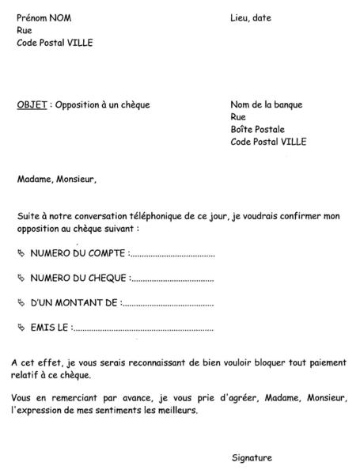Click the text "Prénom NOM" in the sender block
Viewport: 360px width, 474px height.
point(44,17)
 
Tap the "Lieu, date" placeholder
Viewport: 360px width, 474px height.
point(251,17)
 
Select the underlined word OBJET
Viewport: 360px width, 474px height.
point(32,104)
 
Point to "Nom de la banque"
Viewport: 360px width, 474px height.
point(266,104)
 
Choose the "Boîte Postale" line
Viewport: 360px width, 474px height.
point(257,130)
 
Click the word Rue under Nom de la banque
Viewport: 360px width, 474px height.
point(238,117)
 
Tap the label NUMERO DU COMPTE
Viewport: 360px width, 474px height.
point(77,254)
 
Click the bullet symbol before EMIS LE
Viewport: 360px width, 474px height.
point(21,327)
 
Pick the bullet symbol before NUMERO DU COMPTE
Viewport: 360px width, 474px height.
point(21,254)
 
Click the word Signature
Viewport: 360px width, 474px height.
point(252,457)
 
